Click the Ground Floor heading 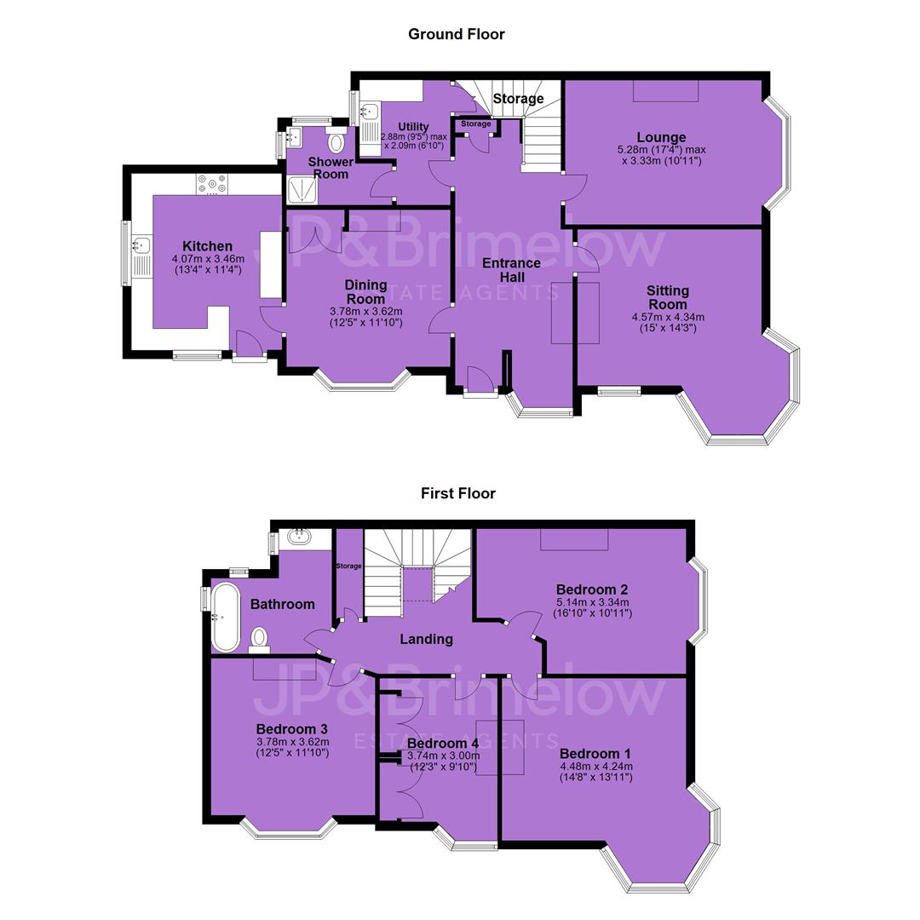point(457,34)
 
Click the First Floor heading point(458,493)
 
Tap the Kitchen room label point(207,246)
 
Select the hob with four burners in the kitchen point(212,184)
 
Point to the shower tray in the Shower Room point(302,190)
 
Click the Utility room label point(413,126)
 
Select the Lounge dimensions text point(662,155)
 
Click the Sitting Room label point(668,297)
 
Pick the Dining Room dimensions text point(366,317)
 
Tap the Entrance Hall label point(512,270)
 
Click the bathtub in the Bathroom point(225,617)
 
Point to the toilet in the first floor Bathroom point(259,640)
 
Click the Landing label point(427,639)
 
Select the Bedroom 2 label point(592,589)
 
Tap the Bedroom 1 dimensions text point(596,772)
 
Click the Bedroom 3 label point(291,728)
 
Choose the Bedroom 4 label point(443,744)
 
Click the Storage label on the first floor point(348,566)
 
